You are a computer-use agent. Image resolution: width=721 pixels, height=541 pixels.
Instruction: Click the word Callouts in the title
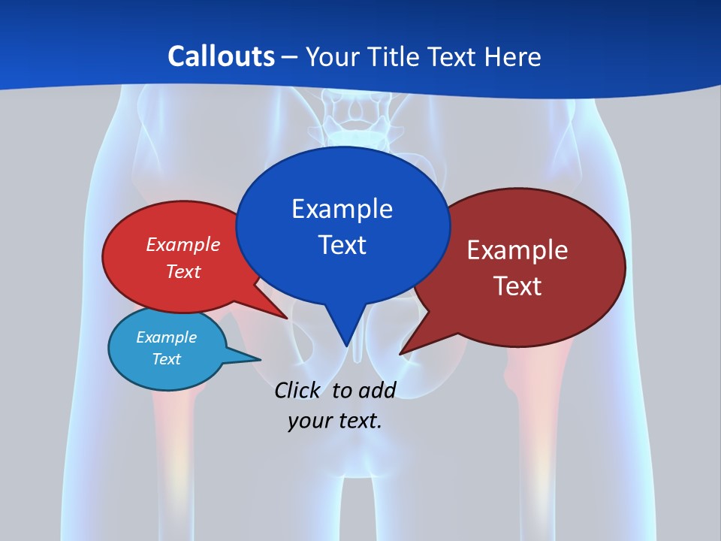coord(221,56)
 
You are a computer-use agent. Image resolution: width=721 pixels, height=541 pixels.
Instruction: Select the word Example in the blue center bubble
coord(342,209)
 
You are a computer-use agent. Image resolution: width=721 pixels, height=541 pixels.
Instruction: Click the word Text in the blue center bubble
coord(342,245)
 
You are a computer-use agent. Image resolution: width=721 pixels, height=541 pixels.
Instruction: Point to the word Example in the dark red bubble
coord(517,250)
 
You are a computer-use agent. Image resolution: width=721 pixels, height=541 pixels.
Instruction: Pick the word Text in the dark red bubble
coord(517,286)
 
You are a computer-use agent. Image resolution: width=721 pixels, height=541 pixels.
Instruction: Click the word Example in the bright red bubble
coord(183,244)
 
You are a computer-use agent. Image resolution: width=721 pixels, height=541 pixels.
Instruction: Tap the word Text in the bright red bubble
coord(183,271)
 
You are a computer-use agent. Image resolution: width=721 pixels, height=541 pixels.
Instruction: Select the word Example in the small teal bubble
coord(167,337)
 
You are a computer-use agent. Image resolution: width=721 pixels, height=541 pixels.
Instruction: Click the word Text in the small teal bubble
coord(167,359)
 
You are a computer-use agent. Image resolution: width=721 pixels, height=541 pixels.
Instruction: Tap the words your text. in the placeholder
coord(335,421)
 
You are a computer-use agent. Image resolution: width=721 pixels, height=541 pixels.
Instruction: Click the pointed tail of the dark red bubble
coord(403,352)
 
